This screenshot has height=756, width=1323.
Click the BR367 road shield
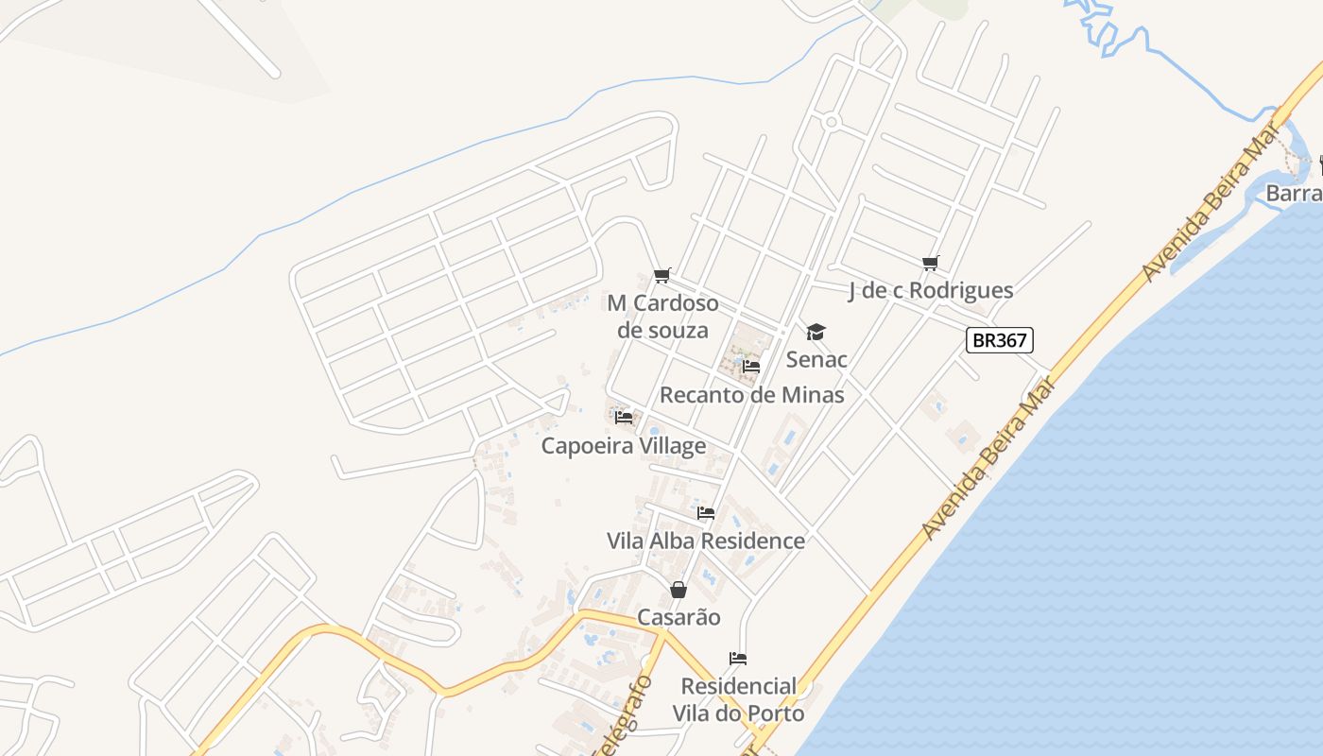pyautogui.click(x=999, y=340)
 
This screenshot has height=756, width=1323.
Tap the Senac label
pyautogui.click(x=816, y=360)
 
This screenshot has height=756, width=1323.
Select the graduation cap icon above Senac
pyautogui.click(x=816, y=332)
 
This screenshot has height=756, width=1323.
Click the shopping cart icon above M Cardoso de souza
pyautogui.click(x=662, y=275)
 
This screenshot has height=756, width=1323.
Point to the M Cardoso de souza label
pyautogui.click(x=662, y=317)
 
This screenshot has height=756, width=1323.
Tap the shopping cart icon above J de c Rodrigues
pyautogui.click(x=931, y=263)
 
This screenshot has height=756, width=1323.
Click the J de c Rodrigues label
pyautogui.click(x=931, y=291)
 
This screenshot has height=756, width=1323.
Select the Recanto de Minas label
pyautogui.click(x=751, y=395)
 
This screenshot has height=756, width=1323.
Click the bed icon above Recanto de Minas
pyautogui.click(x=751, y=366)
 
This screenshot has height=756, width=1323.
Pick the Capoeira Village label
pyautogui.click(x=623, y=446)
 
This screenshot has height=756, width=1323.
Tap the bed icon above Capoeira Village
pyautogui.click(x=623, y=417)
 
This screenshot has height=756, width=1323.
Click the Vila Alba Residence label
pyautogui.click(x=706, y=541)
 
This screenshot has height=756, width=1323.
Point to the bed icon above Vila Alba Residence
pyautogui.click(x=706, y=513)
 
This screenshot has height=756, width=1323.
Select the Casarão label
pyautogui.click(x=679, y=618)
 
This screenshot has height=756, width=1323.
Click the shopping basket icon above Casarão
pyautogui.click(x=679, y=590)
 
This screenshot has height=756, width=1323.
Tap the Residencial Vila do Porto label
pyautogui.click(x=738, y=699)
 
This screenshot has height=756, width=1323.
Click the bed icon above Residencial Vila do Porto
pyautogui.click(x=738, y=658)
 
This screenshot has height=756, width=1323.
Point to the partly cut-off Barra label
pyautogui.click(x=1294, y=194)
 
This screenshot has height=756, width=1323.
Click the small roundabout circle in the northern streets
pyautogui.click(x=832, y=122)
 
